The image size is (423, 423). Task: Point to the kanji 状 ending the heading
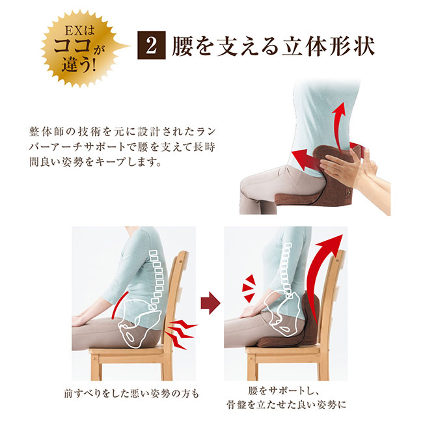363,47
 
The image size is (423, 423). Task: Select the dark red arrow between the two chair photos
210,303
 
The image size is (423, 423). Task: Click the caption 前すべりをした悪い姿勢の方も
131,394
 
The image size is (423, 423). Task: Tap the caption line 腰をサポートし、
284,391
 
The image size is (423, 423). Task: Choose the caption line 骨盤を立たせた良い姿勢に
286,405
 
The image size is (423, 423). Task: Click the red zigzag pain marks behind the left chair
182,334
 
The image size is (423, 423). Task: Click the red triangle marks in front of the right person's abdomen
248,288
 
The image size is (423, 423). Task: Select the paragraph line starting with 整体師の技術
122,132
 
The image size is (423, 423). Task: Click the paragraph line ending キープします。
95,162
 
